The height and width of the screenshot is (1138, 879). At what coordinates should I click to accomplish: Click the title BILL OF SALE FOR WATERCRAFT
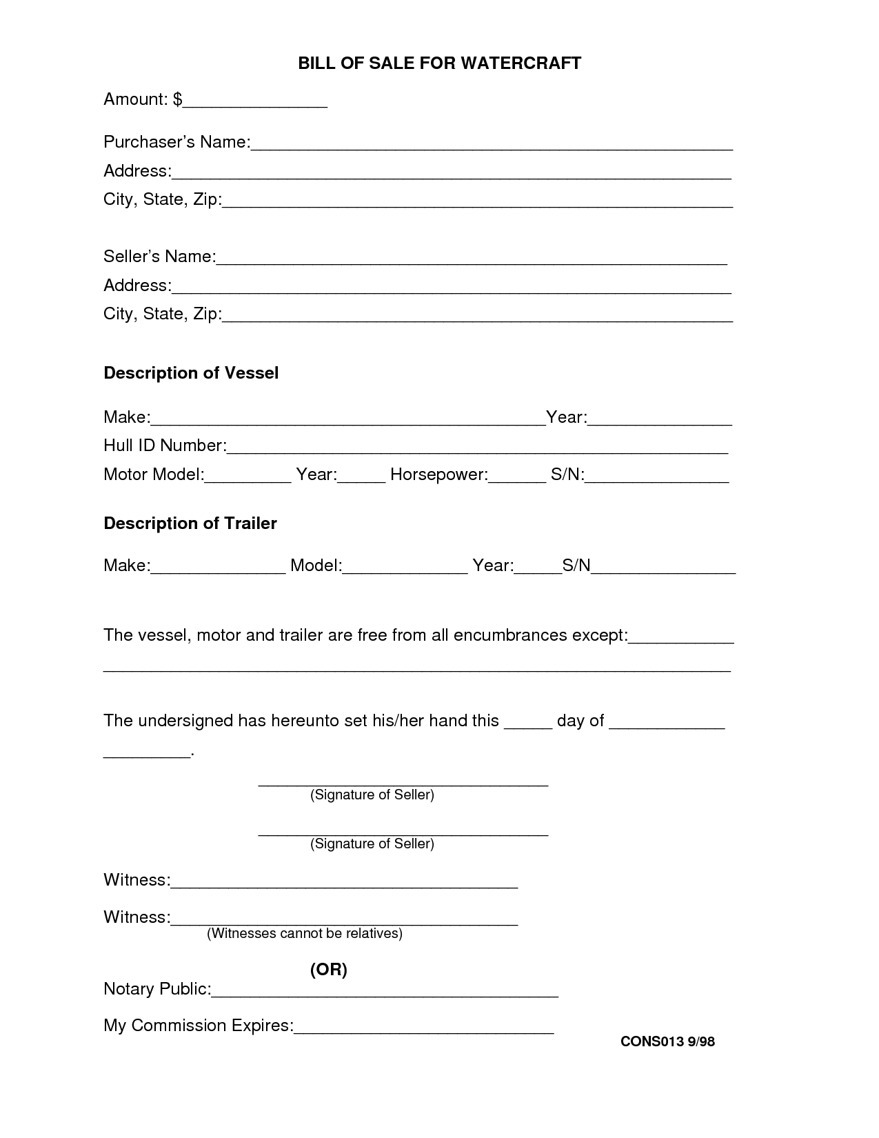(x=439, y=63)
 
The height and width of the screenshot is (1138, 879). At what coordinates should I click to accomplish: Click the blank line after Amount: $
(x=255, y=103)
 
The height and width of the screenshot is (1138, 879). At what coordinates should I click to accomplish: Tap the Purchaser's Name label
(x=175, y=142)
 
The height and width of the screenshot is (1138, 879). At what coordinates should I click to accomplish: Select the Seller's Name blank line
(x=472, y=260)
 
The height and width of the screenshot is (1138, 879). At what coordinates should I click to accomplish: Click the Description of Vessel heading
(x=191, y=373)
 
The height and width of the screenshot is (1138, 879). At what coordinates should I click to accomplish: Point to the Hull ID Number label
(x=164, y=446)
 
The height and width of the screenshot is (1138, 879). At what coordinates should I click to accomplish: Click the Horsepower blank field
(x=517, y=479)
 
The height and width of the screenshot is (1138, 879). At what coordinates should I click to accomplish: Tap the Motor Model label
(x=152, y=475)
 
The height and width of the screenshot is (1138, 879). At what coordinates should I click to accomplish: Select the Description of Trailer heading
(x=190, y=523)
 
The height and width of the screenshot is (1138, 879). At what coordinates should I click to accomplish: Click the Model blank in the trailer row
(x=405, y=570)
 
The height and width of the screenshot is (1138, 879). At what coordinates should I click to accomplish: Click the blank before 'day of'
(x=528, y=725)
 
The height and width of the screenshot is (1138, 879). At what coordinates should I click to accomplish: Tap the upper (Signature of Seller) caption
(x=372, y=795)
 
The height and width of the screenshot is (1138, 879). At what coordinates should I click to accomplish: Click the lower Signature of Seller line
(x=403, y=832)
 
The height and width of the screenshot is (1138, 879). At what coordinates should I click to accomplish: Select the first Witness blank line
(x=343, y=884)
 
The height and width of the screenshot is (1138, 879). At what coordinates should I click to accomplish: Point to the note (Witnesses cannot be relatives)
(x=304, y=933)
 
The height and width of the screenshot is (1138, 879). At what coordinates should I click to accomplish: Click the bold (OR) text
(x=328, y=970)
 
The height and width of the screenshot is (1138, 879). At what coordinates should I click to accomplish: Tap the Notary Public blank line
(x=384, y=993)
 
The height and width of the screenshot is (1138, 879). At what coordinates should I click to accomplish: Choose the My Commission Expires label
(x=197, y=1026)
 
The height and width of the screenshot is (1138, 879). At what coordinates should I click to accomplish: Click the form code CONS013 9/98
(x=667, y=1041)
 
